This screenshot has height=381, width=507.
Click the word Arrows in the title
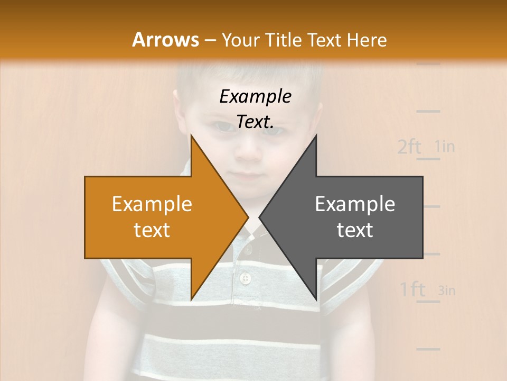click(x=165, y=40)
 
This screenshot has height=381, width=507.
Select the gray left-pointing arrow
click(x=349, y=217)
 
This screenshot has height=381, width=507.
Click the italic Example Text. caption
click(x=255, y=109)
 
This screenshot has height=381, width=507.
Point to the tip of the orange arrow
click(x=248, y=217)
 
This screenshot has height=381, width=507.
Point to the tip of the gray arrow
click(x=260, y=217)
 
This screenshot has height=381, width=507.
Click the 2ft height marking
click(x=409, y=147)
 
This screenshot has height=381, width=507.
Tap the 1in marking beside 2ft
click(x=445, y=146)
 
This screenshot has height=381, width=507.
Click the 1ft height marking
click(x=412, y=289)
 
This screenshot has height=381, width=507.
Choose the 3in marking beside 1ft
click(x=447, y=290)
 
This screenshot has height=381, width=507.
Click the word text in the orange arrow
click(x=152, y=230)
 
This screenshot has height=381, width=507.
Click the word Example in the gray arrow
click(x=355, y=204)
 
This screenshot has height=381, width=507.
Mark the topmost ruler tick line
click(x=428, y=64)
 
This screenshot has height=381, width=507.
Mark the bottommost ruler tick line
click(x=428, y=349)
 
